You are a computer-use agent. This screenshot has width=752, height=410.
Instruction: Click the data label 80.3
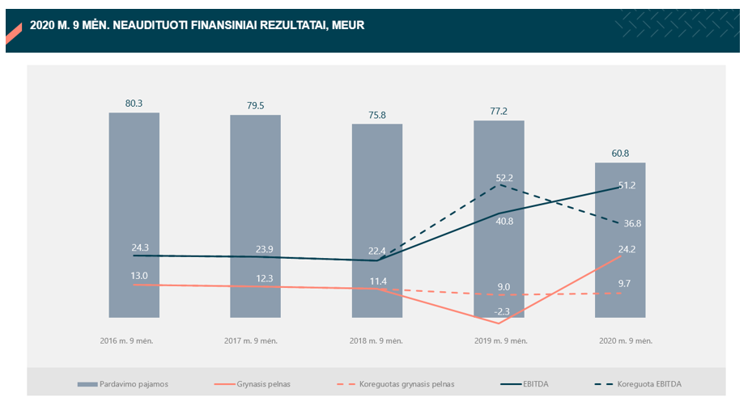tap(134, 104)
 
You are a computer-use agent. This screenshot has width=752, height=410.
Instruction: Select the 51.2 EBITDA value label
tap(627, 185)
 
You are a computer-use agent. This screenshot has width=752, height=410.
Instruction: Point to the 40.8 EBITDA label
tap(504, 222)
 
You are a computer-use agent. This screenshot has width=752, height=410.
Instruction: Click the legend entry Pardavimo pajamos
tap(134, 384)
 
